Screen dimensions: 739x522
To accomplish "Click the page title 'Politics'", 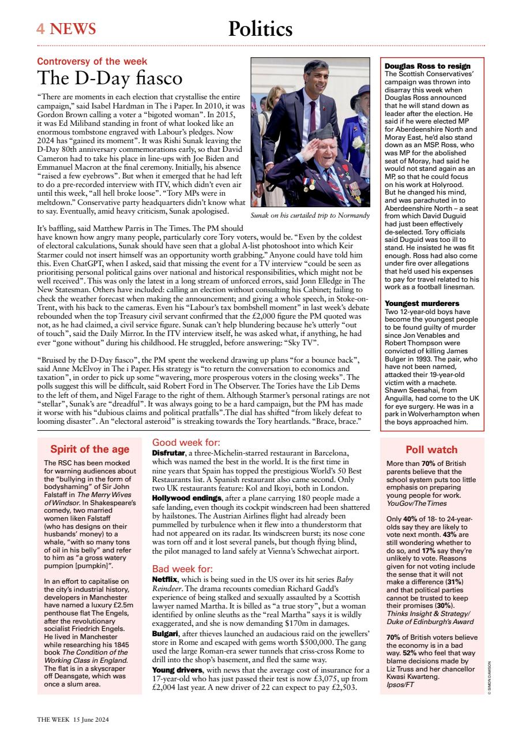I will [x=260, y=29].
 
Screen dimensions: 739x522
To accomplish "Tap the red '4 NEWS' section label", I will [x=66, y=29].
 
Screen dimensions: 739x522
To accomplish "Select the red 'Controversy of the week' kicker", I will [x=92, y=61].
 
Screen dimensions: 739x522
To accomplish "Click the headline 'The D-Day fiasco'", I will [x=110, y=78].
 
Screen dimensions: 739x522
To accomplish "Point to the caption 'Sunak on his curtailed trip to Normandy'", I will [x=310, y=215].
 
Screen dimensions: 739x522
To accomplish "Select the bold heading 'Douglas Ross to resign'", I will [x=427, y=66].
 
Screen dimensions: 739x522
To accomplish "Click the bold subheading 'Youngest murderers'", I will [x=422, y=303].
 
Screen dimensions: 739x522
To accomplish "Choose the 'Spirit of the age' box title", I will [x=88, y=449].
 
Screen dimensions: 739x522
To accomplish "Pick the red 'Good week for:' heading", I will [x=183, y=443].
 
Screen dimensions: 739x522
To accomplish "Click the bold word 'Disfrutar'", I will [x=168, y=453].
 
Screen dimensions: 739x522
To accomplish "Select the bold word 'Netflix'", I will [x=165, y=579].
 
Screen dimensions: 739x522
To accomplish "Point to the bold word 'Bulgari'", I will [x=166, y=634].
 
